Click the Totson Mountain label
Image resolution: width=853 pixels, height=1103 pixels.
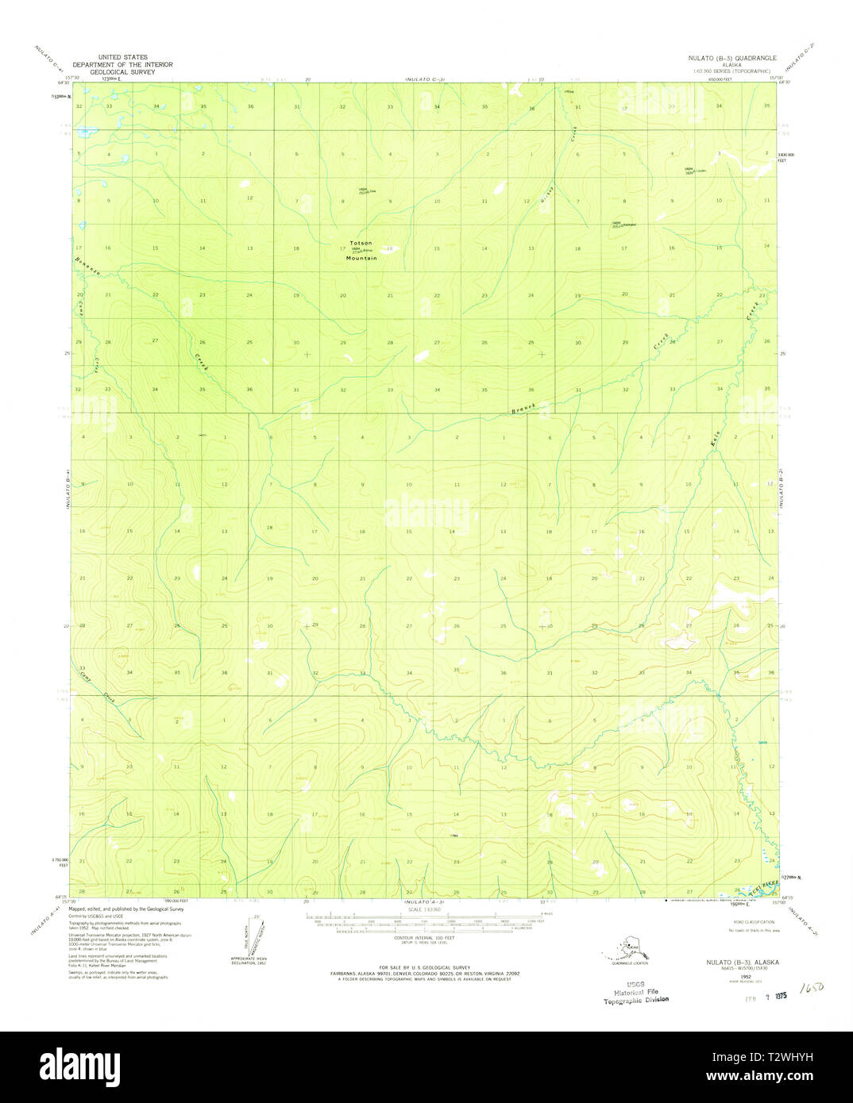(x=361, y=250)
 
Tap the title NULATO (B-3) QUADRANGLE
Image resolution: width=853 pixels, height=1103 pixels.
(x=733, y=59)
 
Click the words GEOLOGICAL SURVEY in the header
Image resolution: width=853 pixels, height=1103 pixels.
(x=122, y=71)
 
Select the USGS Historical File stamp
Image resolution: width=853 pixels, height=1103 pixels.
(x=635, y=994)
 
